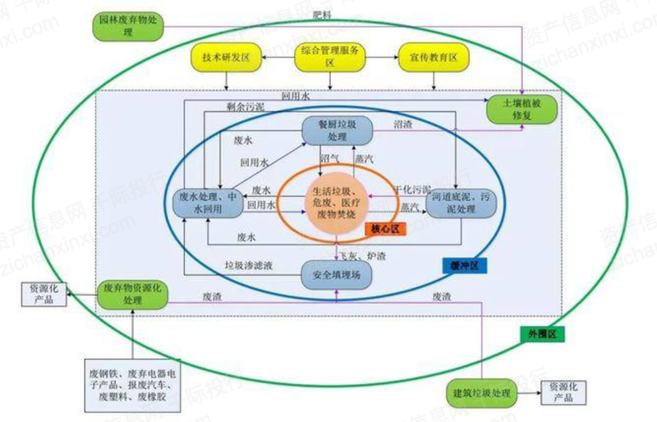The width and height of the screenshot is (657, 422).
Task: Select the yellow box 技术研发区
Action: (x=224, y=58)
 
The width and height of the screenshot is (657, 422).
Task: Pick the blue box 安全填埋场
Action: (x=337, y=275)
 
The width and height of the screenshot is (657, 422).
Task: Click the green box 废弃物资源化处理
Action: (x=131, y=295)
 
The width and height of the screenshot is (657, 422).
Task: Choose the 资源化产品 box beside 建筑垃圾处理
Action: (x=567, y=392)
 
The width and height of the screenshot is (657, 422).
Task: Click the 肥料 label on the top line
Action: (x=324, y=14)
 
